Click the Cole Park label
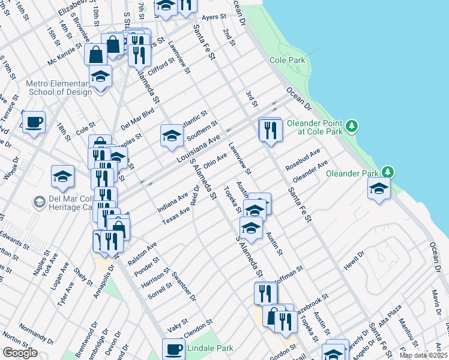288,61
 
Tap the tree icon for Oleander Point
353,126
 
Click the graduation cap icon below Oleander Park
378,188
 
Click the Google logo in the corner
20,353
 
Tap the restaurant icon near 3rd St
270,129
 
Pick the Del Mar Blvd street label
137,118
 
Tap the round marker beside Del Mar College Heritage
40,202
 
